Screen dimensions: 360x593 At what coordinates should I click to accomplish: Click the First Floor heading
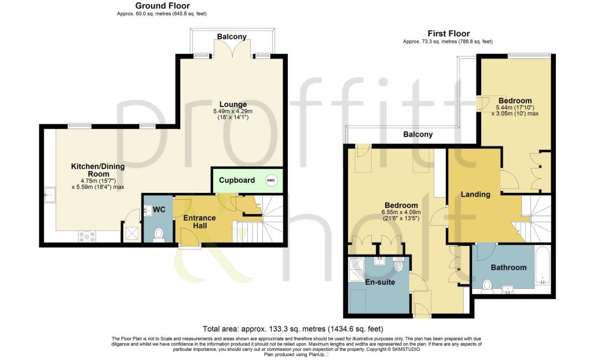[x=448, y=34]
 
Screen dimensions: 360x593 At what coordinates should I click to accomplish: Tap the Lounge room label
[x=232, y=104]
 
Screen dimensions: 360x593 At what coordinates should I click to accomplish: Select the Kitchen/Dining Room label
[x=98, y=170]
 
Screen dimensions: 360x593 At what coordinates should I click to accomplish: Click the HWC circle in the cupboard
[x=271, y=181]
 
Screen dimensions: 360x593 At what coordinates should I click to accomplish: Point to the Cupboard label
[x=236, y=181]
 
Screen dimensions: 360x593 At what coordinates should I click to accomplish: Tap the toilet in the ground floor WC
[x=160, y=234]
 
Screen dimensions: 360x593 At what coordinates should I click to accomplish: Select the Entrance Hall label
[x=200, y=222]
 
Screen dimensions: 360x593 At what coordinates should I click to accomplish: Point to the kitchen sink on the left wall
[x=49, y=196]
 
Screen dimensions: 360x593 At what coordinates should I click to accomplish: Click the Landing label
[x=476, y=194]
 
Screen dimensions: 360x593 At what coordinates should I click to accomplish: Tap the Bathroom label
[x=508, y=267]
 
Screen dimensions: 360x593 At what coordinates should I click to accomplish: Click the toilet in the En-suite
[x=399, y=266]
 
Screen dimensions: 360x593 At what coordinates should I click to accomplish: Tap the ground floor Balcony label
[x=232, y=36]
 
